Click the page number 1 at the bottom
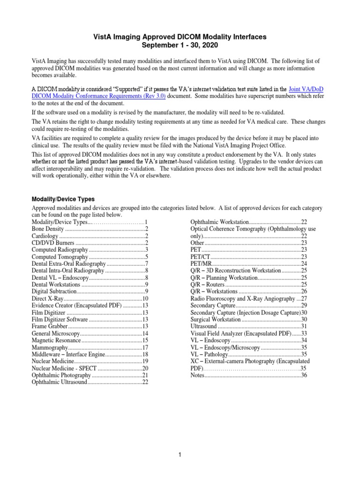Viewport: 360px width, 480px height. (180, 455)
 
